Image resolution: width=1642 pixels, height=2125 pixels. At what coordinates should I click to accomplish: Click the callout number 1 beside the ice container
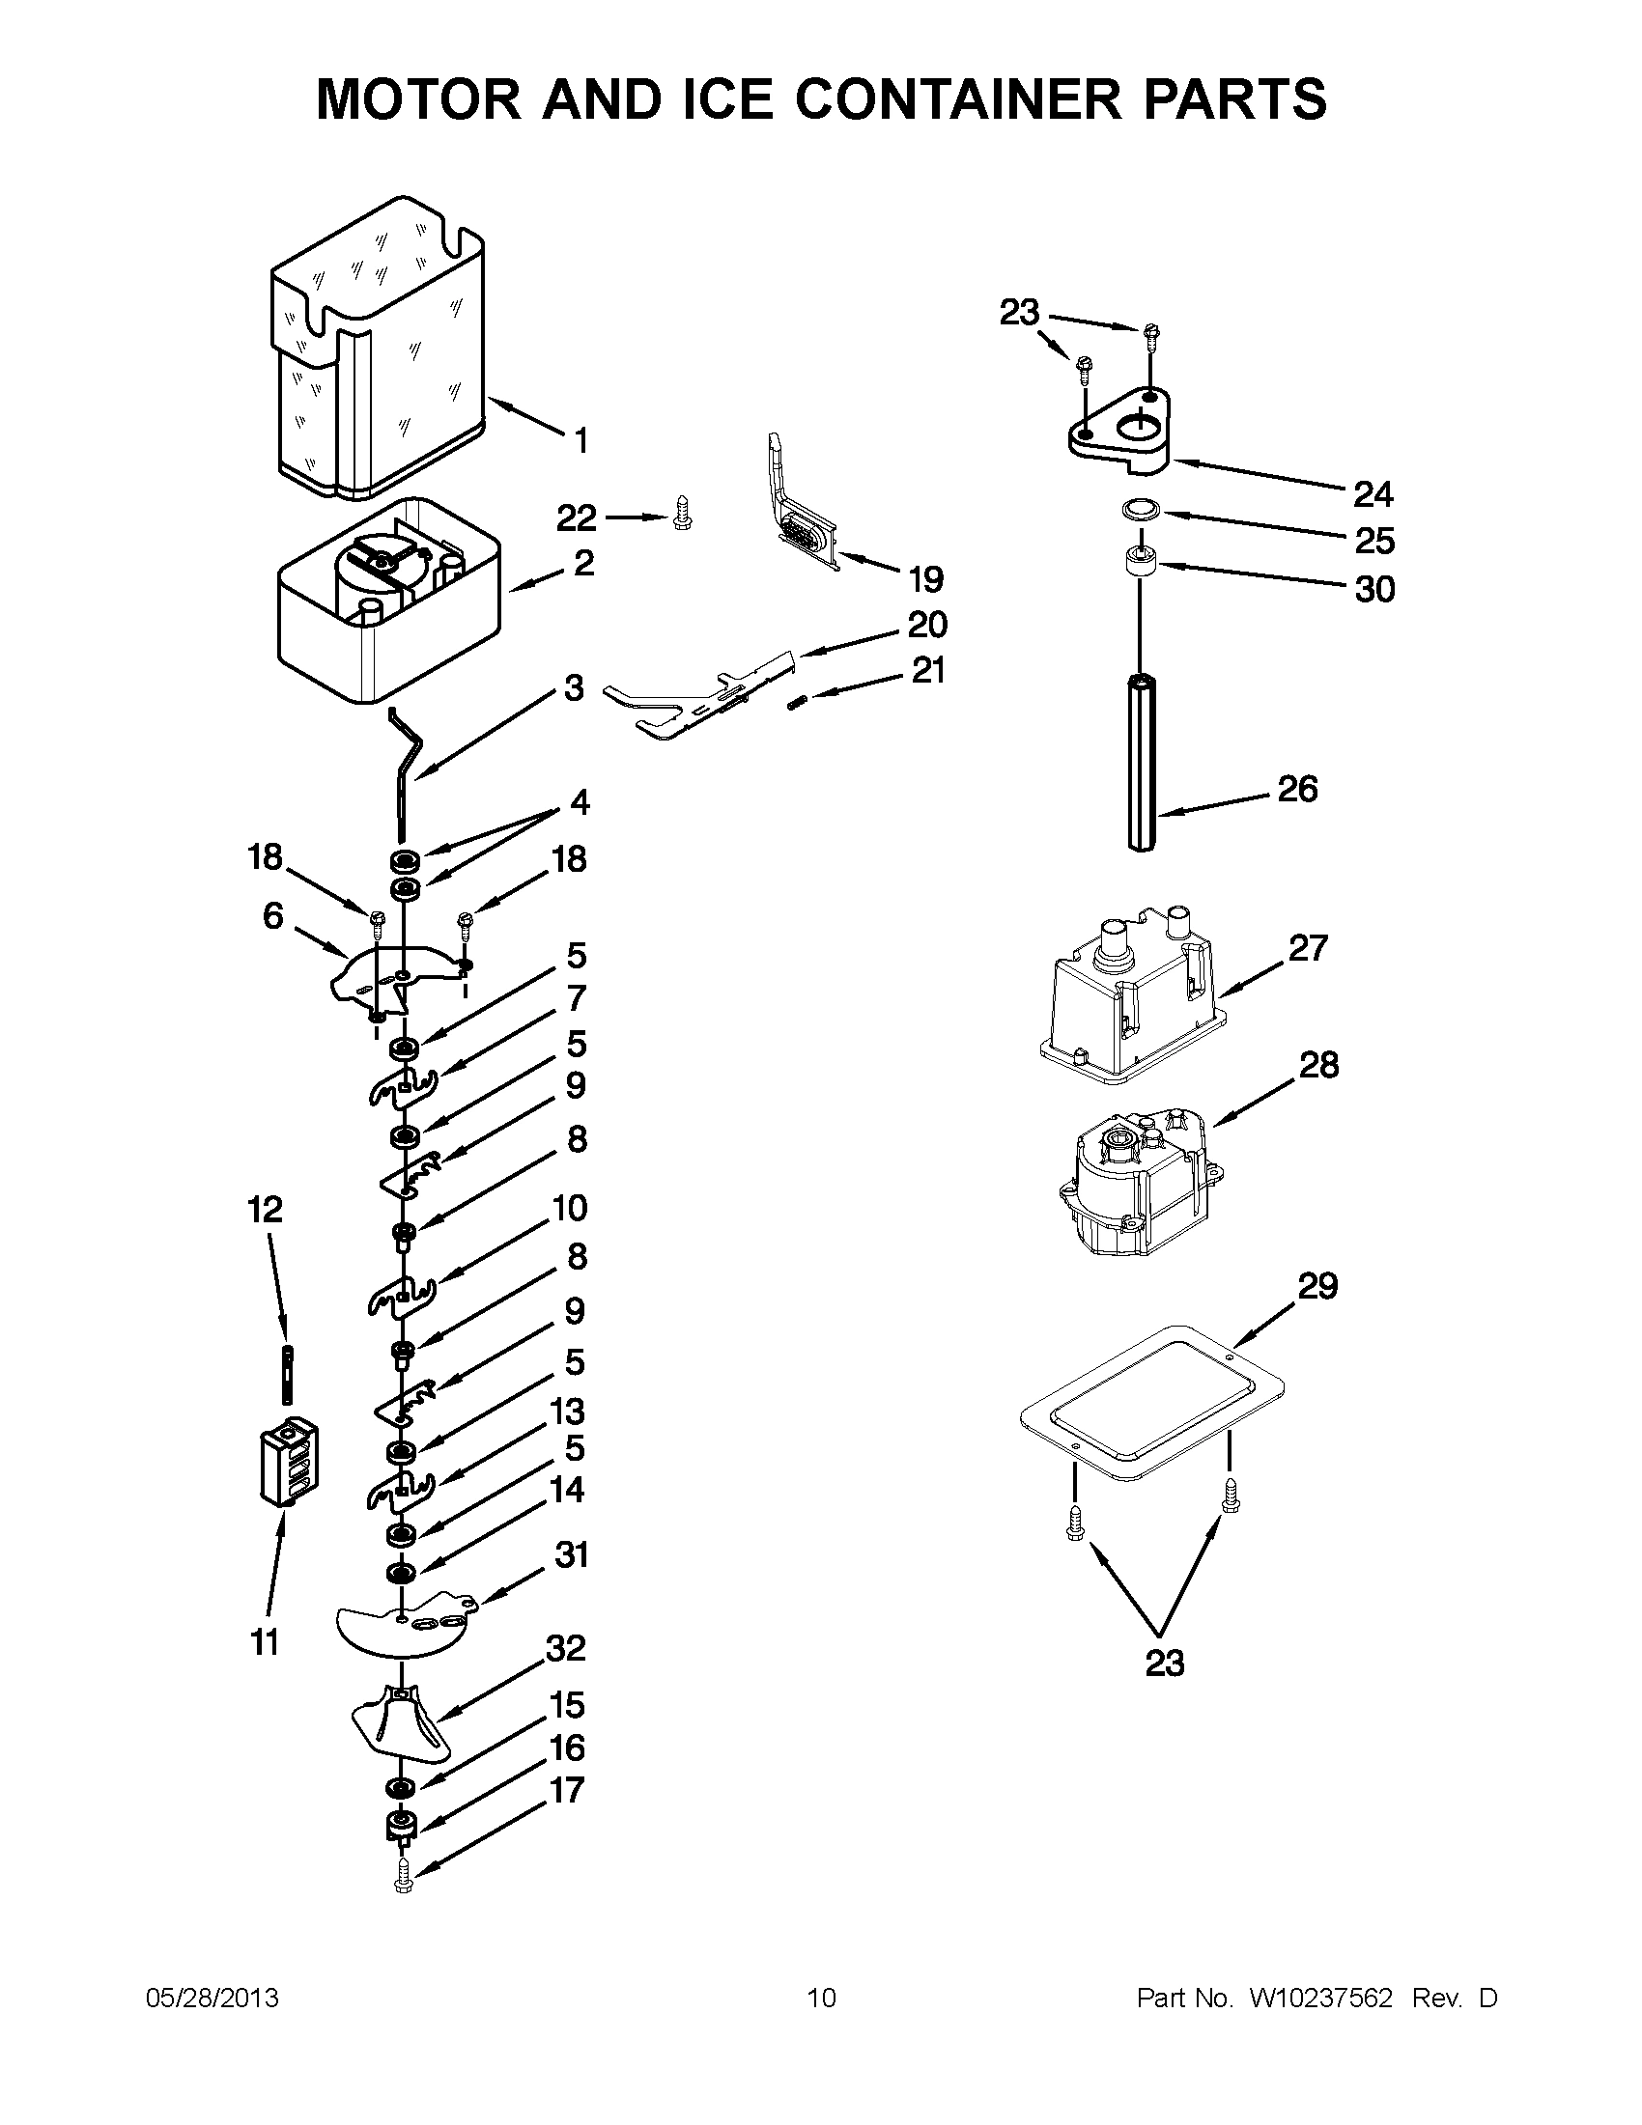point(581,442)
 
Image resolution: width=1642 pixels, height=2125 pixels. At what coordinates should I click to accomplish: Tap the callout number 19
point(925,580)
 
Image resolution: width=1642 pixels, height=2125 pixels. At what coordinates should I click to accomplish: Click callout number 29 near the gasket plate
point(1318,1286)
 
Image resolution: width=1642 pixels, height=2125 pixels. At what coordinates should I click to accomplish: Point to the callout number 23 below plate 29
point(1164,1663)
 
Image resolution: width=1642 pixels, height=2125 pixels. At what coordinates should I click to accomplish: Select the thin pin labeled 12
point(289,1372)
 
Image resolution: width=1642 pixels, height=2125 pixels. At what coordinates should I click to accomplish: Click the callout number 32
point(565,1648)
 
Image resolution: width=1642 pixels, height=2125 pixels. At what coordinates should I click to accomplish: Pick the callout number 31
point(572,1554)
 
